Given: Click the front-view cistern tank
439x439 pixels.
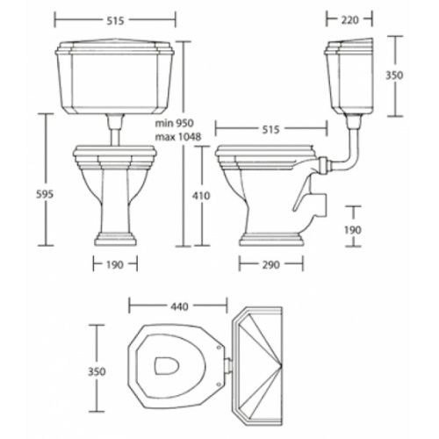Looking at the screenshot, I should [x=114, y=79].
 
